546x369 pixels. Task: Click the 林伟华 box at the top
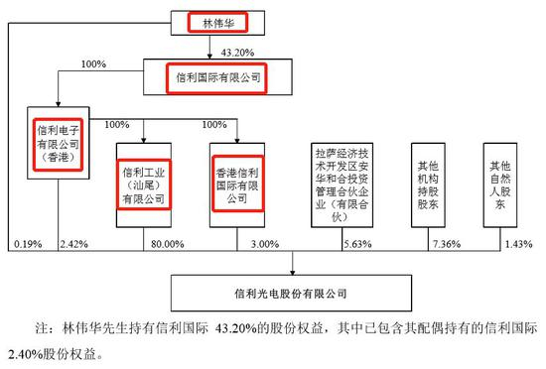[x=217, y=23]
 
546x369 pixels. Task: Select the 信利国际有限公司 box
[x=217, y=76]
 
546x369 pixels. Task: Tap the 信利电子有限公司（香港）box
[x=59, y=143]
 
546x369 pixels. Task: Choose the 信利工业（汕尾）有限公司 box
[x=144, y=185]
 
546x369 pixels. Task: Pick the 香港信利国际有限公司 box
[x=237, y=185]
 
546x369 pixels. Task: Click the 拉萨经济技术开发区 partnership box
[x=341, y=185]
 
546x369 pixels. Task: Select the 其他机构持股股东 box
[x=428, y=185]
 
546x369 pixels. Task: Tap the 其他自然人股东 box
[x=500, y=185]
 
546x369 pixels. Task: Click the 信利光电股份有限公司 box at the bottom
[x=291, y=294]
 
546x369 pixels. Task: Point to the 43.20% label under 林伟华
[x=237, y=53]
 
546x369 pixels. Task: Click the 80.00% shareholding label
[x=168, y=244]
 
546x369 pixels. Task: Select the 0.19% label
[x=28, y=244]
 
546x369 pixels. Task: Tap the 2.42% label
[x=73, y=244]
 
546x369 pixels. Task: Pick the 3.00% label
[x=265, y=244]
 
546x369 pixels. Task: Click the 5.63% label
[x=357, y=244]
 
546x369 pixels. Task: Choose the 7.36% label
[x=447, y=244]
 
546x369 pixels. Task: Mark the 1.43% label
[x=519, y=244]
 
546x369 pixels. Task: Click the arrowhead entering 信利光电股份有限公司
[x=293, y=273]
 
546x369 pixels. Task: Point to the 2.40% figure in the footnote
[x=25, y=354]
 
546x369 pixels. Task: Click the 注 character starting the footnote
[x=41, y=328]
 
